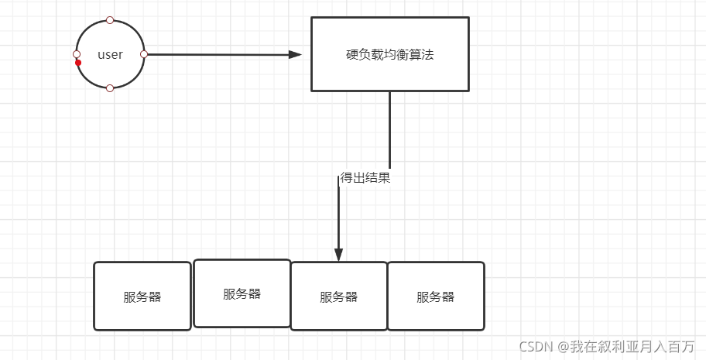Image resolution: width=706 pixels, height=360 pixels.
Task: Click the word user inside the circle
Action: [x=110, y=55]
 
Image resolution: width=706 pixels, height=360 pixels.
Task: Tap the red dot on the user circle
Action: [x=78, y=63]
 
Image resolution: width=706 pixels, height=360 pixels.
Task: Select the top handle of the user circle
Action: [x=110, y=20]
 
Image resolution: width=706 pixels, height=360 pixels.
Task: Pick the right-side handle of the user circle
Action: [x=144, y=54]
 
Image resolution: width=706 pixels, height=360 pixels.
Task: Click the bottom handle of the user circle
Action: [x=110, y=88]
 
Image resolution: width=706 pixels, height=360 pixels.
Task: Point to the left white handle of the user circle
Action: [x=76, y=54]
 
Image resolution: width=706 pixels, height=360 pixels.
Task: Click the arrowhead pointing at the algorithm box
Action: [x=294, y=54]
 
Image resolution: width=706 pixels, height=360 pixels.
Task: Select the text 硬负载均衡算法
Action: [x=389, y=55]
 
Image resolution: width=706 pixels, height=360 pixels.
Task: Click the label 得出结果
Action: [x=365, y=178]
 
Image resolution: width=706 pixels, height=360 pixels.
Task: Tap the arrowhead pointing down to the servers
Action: [x=338, y=255]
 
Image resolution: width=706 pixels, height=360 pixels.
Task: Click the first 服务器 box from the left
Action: [x=142, y=297]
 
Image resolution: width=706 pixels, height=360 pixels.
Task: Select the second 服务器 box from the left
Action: [x=242, y=293]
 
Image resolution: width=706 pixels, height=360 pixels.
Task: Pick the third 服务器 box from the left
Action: [x=339, y=297]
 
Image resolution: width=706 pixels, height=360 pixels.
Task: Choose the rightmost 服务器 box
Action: [x=435, y=297]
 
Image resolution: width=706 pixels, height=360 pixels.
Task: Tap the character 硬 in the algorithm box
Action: [x=351, y=55]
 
